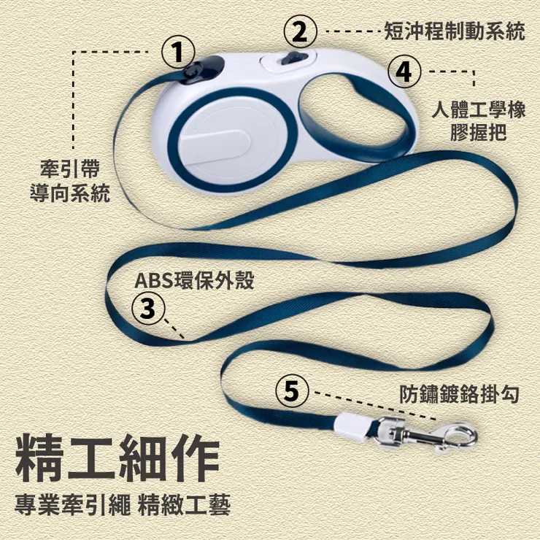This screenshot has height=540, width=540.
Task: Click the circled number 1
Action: [178, 53]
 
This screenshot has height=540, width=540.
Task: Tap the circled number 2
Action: [300, 31]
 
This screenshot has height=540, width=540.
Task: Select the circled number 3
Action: [148, 308]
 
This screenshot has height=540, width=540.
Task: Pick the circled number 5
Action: [292, 391]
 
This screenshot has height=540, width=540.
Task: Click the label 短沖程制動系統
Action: [454, 31]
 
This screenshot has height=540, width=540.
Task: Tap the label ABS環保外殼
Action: [194, 280]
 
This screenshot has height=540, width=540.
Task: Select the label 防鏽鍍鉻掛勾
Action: [460, 394]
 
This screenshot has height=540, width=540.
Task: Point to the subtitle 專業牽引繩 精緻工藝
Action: [123, 504]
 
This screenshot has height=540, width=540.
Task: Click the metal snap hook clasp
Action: [426, 434]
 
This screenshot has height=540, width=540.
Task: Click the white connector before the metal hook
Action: [351, 427]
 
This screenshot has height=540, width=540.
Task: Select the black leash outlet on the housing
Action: [201, 70]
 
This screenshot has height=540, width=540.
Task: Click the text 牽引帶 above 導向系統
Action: [70, 169]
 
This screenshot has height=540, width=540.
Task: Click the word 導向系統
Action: [70, 193]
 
